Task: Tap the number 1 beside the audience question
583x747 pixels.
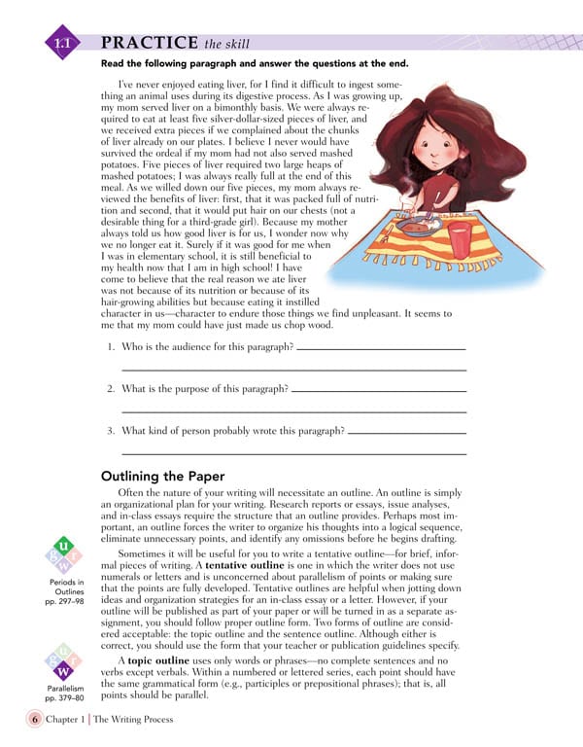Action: tap(111, 347)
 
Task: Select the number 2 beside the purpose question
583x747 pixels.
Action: tap(111, 389)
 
